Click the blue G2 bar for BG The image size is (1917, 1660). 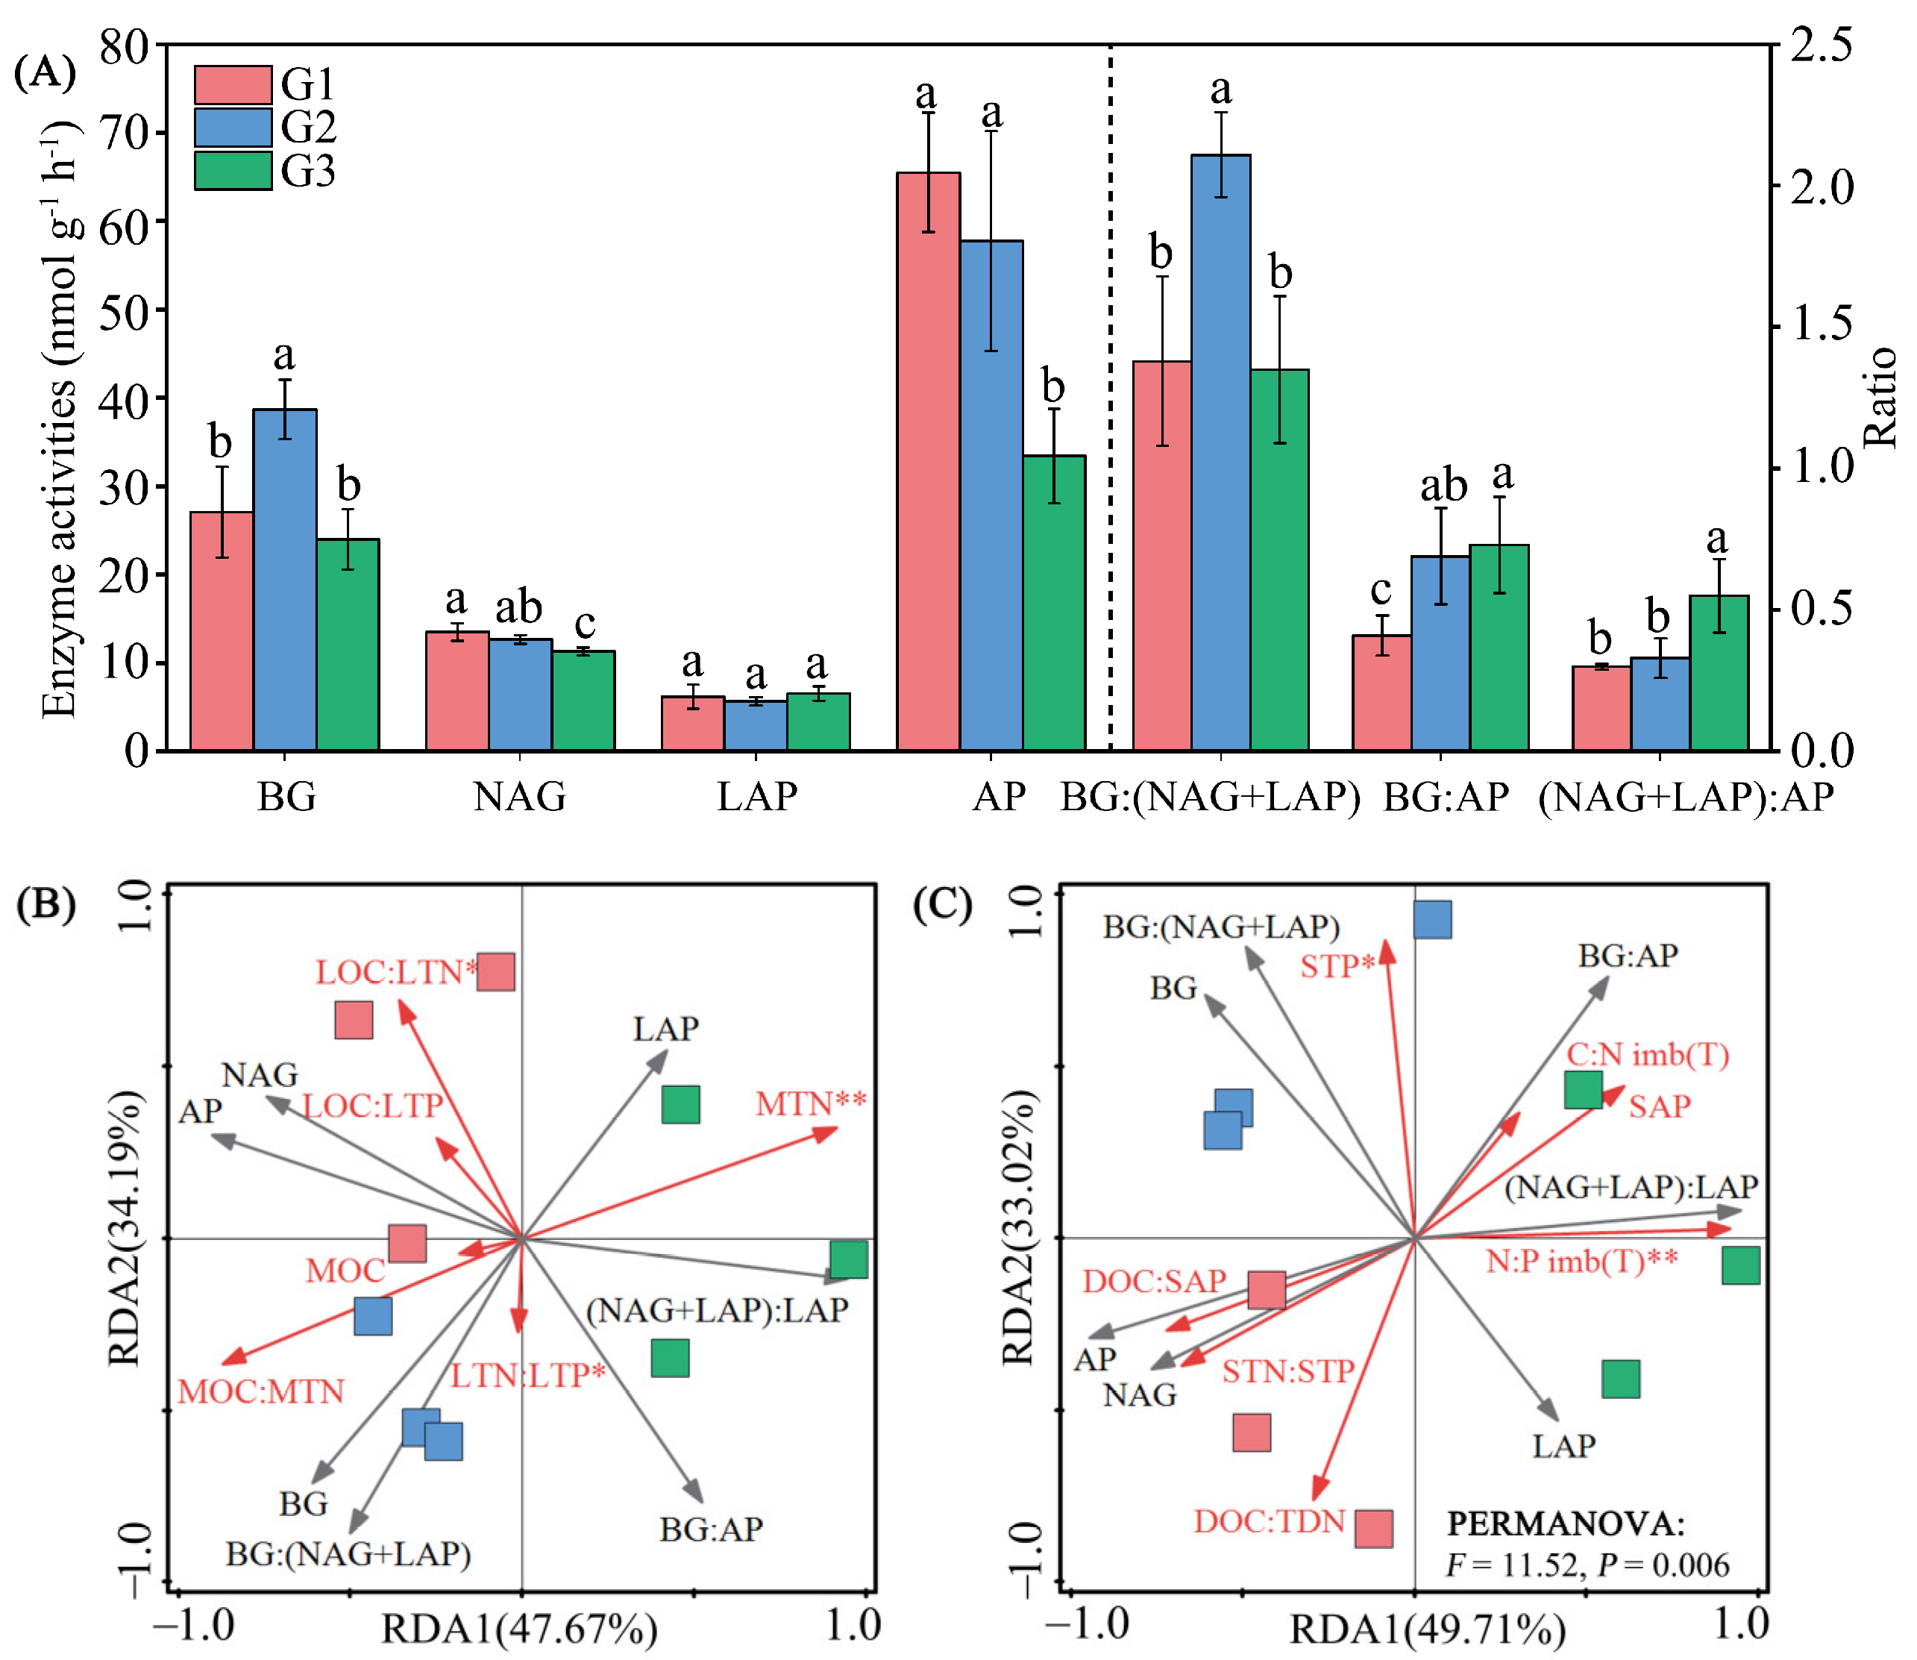285,579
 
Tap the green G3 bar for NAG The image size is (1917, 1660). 583,701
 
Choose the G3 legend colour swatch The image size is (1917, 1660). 233,172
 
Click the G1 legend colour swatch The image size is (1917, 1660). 233,84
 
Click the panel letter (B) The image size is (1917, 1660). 46,904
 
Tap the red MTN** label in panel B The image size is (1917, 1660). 810,1104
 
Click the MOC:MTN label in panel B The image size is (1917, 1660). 261,1391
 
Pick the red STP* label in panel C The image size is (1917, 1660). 1337,966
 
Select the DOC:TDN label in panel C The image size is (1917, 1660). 1269,1521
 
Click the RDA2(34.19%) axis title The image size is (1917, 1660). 125,1228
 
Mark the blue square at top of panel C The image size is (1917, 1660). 1433,920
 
